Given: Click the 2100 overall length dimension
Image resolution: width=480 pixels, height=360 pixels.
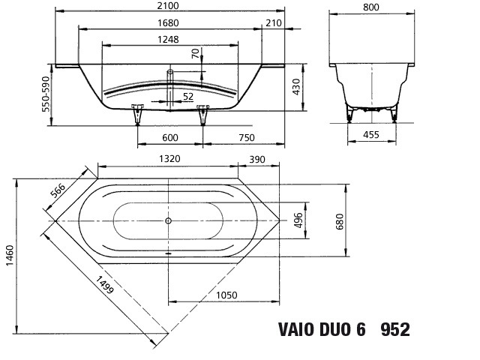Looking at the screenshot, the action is (x=168, y=5).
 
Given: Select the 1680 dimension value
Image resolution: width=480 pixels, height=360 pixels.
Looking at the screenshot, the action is (x=168, y=23).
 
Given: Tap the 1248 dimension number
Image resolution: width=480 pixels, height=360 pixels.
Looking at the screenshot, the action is (x=168, y=40).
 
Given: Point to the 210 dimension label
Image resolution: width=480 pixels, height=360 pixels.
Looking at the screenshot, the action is (x=273, y=23).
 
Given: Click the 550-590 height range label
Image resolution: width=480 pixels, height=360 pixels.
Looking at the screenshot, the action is (x=46, y=94).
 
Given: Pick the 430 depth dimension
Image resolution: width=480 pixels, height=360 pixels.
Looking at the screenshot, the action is (x=296, y=87).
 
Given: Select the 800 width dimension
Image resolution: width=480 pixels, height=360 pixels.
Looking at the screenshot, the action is (x=371, y=7).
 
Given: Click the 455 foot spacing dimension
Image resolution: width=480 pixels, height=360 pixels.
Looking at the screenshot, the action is (x=371, y=135).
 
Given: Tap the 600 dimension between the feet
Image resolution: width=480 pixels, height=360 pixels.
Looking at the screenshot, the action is (x=170, y=137).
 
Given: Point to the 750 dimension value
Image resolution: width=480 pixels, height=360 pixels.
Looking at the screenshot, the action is (x=247, y=137).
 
